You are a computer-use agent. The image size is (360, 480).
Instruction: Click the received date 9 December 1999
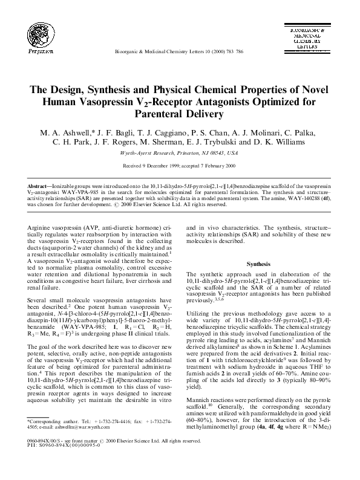160,165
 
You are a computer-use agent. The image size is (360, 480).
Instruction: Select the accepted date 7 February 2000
215,165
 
